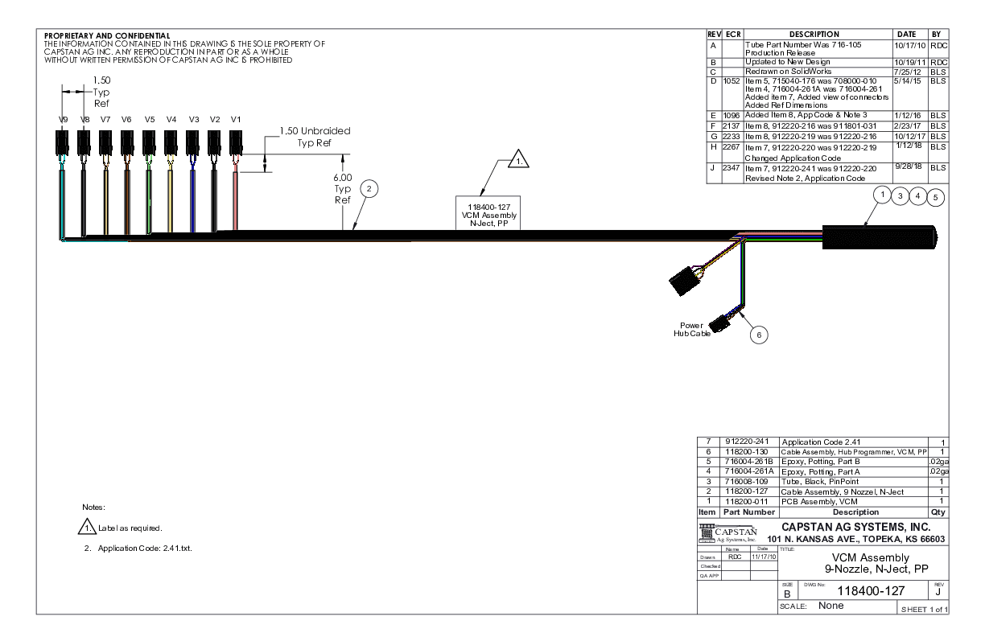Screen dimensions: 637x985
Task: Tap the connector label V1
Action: point(236,119)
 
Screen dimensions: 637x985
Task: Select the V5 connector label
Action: point(149,119)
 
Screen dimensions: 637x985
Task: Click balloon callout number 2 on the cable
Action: point(368,188)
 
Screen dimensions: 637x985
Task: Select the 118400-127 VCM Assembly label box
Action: point(488,212)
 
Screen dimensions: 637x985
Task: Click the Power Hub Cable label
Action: point(693,330)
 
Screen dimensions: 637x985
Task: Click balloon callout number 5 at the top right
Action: point(936,195)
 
